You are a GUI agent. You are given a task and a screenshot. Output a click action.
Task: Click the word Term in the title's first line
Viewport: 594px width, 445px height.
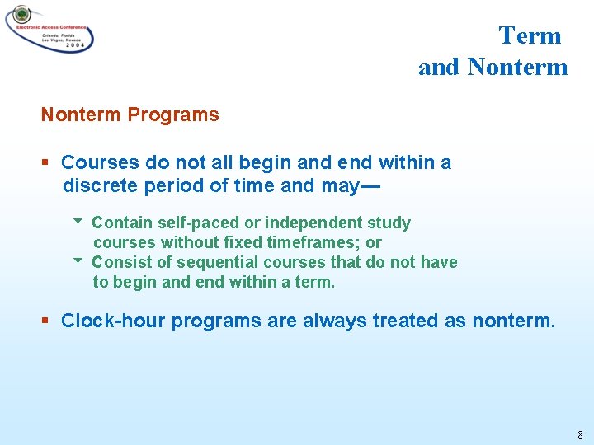(530, 35)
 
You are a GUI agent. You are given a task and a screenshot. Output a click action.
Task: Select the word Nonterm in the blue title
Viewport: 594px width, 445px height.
(517, 67)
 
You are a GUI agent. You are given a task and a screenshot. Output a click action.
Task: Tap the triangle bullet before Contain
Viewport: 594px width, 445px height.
(78, 222)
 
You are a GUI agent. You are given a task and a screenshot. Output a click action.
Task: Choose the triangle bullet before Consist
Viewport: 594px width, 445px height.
(78, 261)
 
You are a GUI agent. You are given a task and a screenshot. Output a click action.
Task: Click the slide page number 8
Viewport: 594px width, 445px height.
(580, 435)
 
